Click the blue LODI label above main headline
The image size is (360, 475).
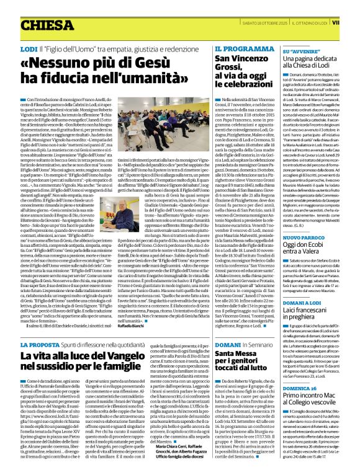[29, 48]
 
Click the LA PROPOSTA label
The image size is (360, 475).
[38, 344]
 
